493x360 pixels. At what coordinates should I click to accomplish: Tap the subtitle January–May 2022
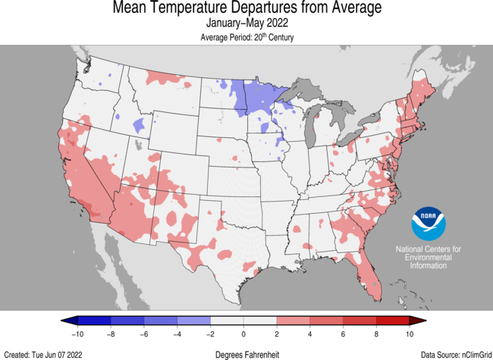(x=246, y=24)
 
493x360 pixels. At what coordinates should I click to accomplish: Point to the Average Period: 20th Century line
(x=246, y=37)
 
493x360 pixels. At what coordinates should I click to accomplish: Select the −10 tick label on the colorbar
(x=77, y=333)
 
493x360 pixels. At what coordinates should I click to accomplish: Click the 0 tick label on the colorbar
(x=243, y=333)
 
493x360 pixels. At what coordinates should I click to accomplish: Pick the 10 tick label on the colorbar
(x=410, y=333)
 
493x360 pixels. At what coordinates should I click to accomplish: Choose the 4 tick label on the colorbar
(x=310, y=333)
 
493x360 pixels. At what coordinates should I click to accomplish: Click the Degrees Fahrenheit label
(x=246, y=354)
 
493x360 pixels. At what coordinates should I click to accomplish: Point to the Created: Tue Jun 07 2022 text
(x=43, y=354)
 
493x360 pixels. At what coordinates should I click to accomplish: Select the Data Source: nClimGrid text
(x=452, y=354)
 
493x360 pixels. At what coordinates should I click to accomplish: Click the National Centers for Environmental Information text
(x=429, y=258)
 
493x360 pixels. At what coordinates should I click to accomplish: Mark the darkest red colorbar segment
(x=394, y=321)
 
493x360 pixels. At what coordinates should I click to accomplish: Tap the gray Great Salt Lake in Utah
(x=138, y=143)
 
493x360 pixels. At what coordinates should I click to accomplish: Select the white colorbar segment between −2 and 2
(x=243, y=321)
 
